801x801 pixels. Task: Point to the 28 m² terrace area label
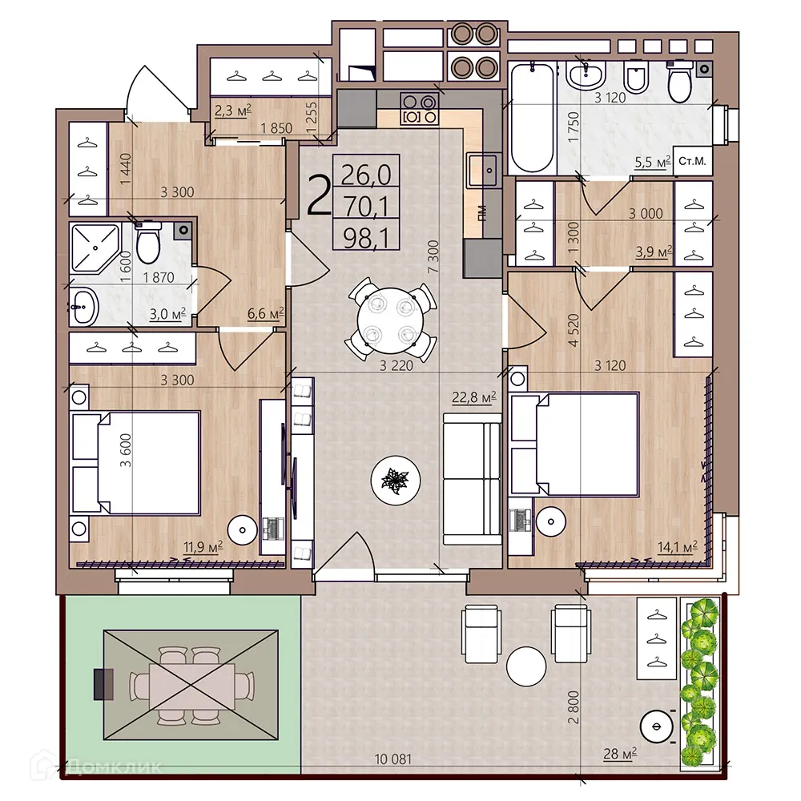point(621,753)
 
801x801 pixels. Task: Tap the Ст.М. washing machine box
point(691,162)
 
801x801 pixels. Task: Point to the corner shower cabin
point(94,248)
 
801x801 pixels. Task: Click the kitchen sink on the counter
point(485,169)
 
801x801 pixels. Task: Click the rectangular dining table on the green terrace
point(191,685)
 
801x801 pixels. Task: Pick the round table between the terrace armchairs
point(527,665)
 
